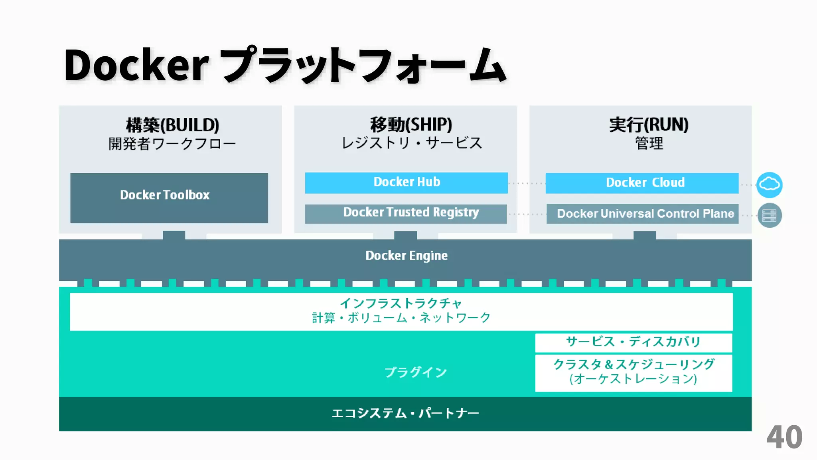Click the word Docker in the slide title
[x=136, y=65]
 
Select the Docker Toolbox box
[x=169, y=198]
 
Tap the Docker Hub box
[x=406, y=182]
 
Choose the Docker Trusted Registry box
[x=406, y=214]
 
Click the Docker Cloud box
[x=642, y=183]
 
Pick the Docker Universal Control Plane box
[x=642, y=214]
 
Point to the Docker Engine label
[x=406, y=256]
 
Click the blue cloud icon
[x=769, y=185]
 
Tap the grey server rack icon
[x=769, y=216]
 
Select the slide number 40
[x=784, y=438]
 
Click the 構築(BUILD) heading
[x=172, y=125]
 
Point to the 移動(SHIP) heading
[x=411, y=125]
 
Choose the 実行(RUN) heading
[x=649, y=125]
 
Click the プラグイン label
[x=415, y=372]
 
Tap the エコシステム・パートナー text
[x=405, y=413]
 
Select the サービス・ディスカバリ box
[x=633, y=342]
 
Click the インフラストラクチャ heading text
[x=401, y=303]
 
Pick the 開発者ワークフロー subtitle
[x=172, y=144]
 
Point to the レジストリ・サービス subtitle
[x=412, y=143]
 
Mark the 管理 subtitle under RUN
[x=649, y=143]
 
